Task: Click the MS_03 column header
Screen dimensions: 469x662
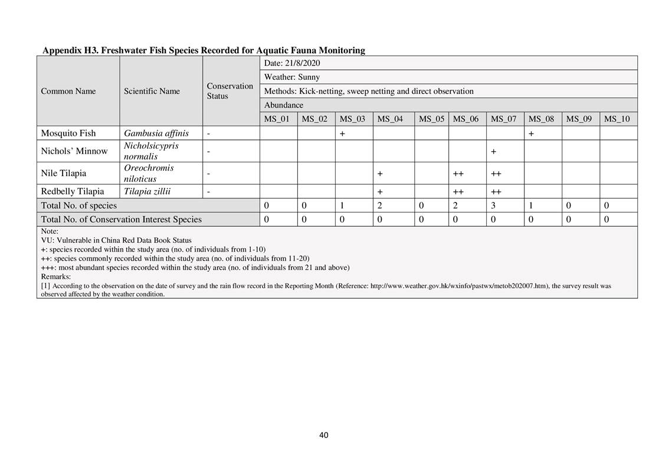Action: [x=352, y=119]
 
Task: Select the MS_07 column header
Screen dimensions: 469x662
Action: [x=503, y=119]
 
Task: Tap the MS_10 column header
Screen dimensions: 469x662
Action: [x=617, y=119]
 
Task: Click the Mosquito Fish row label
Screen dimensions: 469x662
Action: [x=68, y=133]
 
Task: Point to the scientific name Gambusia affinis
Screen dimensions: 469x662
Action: [x=156, y=133]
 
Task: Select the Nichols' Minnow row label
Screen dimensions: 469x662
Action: [x=74, y=151]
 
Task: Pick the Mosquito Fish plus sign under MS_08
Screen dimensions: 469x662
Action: [x=531, y=133]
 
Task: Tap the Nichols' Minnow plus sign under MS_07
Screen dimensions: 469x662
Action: [x=493, y=151]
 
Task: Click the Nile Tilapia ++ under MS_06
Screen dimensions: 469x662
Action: [x=458, y=174]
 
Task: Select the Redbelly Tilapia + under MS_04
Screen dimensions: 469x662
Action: [x=380, y=191]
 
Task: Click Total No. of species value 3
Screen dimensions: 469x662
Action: [x=493, y=206]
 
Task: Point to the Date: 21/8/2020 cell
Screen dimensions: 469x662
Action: [x=292, y=63]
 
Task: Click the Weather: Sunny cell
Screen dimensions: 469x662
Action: [x=292, y=77]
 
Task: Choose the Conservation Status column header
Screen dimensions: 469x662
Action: [x=230, y=90]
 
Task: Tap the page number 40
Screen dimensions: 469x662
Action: [x=323, y=435]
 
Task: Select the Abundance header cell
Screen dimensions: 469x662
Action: [x=284, y=105]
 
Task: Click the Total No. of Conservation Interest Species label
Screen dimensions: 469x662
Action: [x=121, y=219]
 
